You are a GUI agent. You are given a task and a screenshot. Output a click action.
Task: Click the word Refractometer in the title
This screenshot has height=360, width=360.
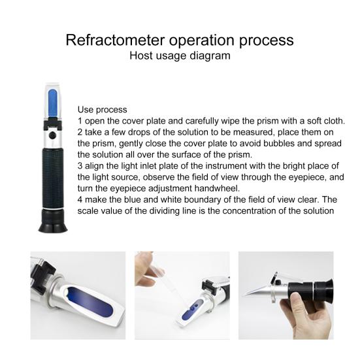pyautogui.click(x=115, y=40)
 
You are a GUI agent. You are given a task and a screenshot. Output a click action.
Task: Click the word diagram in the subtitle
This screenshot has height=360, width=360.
pyautogui.click(x=210, y=56)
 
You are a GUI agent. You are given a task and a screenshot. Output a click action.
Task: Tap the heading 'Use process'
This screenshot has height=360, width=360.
pyautogui.click(x=102, y=110)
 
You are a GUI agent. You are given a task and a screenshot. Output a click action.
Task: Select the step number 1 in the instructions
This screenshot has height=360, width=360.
pyautogui.click(x=80, y=121)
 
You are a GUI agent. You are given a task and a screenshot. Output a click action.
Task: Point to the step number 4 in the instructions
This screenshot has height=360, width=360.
pyautogui.click(x=80, y=199)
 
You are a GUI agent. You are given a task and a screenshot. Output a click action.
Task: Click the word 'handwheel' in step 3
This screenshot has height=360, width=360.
pyautogui.click(x=217, y=188)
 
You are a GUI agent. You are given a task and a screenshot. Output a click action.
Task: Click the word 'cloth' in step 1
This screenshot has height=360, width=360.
pyautogui.click(x=335, y=121)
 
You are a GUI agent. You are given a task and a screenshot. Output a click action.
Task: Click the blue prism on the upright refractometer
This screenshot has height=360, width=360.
pyautogui.click(x=52, y=103)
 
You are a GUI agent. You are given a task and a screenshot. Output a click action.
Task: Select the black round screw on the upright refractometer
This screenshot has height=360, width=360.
pyautogui.click(x=52, y=136)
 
